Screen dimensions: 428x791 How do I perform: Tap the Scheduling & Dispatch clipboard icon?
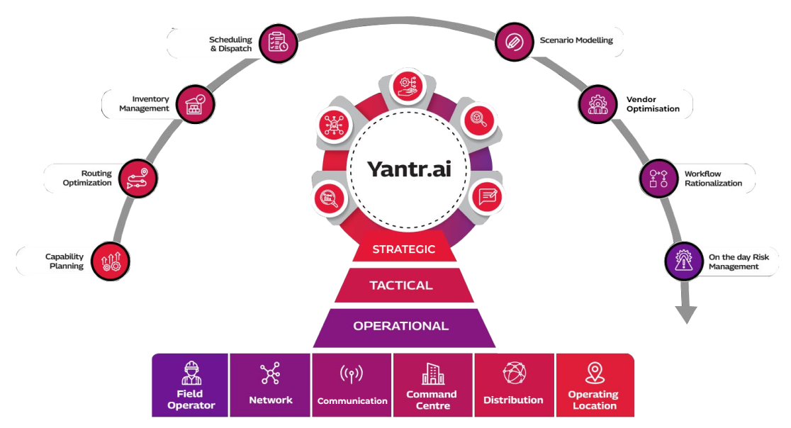coord(277,43)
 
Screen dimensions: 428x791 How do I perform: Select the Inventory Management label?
coord(145,104)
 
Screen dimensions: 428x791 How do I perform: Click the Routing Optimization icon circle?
coord(138,177)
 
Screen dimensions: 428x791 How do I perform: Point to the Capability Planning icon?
coord(111,261)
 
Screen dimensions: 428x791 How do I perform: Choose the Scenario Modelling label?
coord(576,41)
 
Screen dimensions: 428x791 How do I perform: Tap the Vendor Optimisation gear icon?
coord(597,104)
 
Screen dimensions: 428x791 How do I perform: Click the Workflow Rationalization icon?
coord(658,178)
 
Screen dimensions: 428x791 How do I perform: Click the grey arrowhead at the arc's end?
coord(686,315)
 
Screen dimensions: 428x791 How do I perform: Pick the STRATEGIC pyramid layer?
coord(403,249)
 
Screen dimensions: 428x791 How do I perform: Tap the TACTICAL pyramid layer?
coord(401,286)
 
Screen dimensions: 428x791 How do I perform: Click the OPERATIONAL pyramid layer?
coord(401,326)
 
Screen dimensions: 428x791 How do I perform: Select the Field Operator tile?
coord(190,385)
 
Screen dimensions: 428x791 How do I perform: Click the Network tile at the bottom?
coord(270,385)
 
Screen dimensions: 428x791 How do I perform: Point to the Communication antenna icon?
coord(352,374)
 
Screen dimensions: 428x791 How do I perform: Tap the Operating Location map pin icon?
coord(594,373)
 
